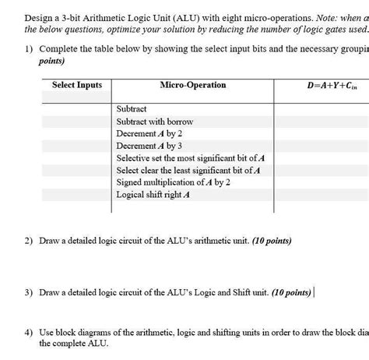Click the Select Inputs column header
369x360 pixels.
click(x=76, y=85)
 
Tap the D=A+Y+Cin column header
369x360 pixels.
click(x=320, y=85)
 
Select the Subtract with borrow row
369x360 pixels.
click(x=154, y=122)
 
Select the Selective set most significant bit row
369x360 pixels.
click(x=189, y=158)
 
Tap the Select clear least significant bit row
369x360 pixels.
click(x=188, y=170)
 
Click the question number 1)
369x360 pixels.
click(x=30, y=47)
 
